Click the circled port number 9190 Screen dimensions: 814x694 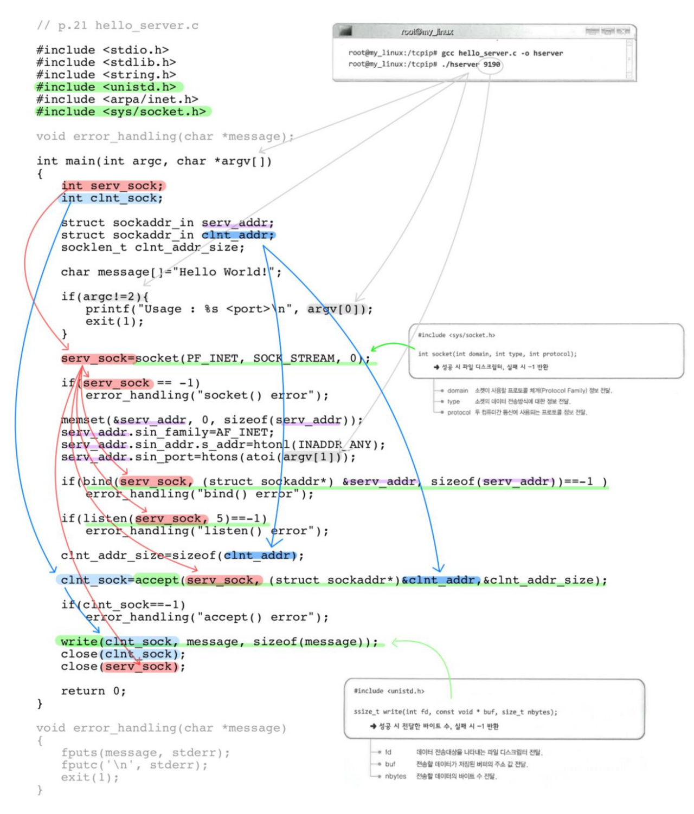click(492, 64)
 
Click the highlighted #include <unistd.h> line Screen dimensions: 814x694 click(106, 87)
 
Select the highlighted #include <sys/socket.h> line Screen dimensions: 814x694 click(121, 112)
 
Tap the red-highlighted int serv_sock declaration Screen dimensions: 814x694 click(112, 186)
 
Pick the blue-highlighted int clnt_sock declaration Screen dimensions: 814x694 click(112, 198)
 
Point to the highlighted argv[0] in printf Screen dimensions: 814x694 click(336, 309)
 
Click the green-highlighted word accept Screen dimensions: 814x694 click(157, 580)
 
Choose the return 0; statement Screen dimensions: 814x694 click(93, 691)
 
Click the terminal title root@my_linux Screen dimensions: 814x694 click(427, 32)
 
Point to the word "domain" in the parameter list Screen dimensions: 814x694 click(457, 390)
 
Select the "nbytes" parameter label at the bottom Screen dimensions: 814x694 click(395, 776)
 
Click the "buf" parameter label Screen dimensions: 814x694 click(390, 764)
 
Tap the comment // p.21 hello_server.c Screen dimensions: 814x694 click(118, 25)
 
